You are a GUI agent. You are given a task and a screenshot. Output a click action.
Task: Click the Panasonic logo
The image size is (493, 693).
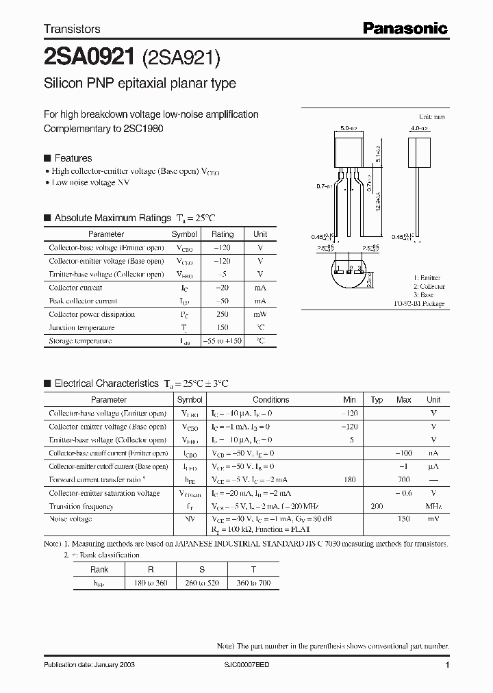pos(405,28)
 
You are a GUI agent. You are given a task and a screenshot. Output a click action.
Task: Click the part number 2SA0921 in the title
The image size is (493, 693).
pos(88,59)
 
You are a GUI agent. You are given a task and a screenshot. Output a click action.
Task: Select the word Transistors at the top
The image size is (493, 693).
pos(72,29)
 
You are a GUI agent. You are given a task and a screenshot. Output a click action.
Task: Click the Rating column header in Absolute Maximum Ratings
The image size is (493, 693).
pos(223,234)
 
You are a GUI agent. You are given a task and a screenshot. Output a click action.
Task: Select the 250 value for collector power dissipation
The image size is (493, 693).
pos(223,314)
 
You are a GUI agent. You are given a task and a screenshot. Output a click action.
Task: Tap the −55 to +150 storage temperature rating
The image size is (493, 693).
pos(223,340)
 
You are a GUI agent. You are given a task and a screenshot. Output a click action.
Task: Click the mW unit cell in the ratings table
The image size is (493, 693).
pos(260,314)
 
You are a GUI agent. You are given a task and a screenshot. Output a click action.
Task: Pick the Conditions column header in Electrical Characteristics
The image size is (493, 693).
pos(270,400)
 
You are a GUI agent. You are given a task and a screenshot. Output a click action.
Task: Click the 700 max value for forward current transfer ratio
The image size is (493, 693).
pos(404,480)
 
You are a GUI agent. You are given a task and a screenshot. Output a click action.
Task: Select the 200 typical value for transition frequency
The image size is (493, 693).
pos(377,506)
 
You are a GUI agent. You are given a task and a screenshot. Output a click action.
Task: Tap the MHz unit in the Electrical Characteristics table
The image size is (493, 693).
pos(433,506)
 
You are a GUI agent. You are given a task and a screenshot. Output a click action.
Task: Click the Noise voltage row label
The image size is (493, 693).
pos(71,519)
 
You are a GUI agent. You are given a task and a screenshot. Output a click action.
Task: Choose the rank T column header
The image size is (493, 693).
pos(253,569)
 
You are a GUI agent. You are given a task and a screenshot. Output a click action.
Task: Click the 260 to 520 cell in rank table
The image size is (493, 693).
pos(202,582)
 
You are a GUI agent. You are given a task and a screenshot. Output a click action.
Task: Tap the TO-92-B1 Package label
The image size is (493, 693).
pos(419,303)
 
